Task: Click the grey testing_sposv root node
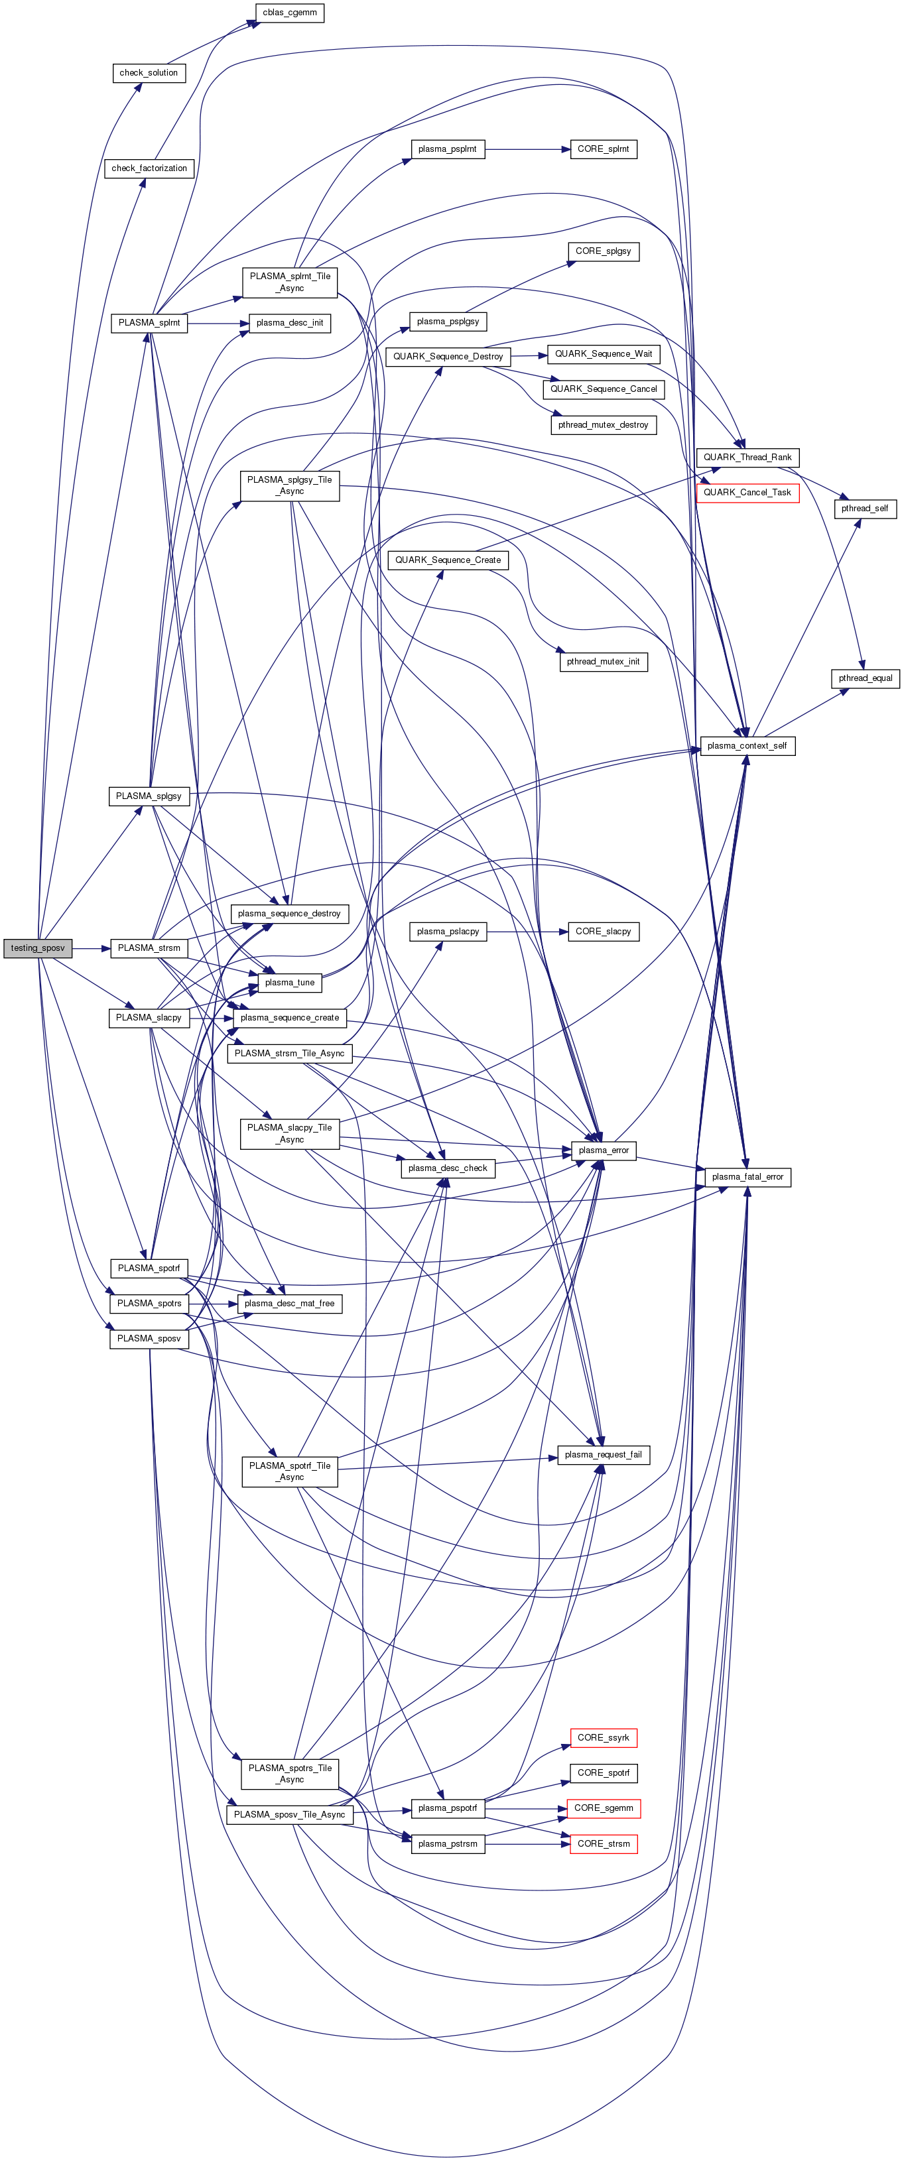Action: tap(37, 948)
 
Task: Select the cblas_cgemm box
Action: tap(290, 13)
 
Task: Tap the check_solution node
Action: tap(149, 73)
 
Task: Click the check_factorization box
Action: tap(149, 168)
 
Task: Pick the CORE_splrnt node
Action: tap(603, 149)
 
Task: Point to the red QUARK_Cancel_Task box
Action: tap(747, 493)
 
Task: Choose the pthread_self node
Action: tap(865, 509)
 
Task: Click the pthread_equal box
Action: tap(865, 678)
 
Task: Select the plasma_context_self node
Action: tap(746, 746)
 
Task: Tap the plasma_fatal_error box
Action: tap(747, 1177)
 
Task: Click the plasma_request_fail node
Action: tap(603, 1455)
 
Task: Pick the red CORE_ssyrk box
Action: tap(603, 1737)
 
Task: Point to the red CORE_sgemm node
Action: tap(604, 1808)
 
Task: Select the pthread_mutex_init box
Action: tap(603, 662)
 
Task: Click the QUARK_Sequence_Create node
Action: tap(448, 560)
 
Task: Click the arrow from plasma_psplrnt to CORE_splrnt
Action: tap(527, 149)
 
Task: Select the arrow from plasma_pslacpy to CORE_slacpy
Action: tap(527, 931)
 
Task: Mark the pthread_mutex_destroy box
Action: tap(603, 424)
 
